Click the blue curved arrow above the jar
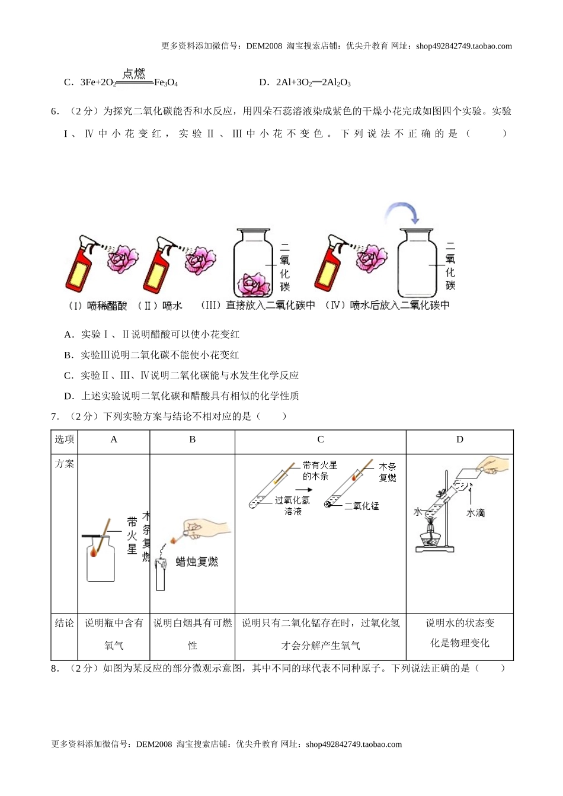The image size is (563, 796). tap(403, 212)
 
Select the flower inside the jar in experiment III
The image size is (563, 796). tap(255, 284)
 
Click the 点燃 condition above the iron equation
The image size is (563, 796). tap(134, 74)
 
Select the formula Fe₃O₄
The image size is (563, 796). tap(166, 83)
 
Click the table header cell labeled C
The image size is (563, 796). tap(321, 439)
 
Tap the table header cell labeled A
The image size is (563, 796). tap(114, 439)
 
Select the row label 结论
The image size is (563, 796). tap(65, 623)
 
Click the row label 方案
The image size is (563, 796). tap(65, 464)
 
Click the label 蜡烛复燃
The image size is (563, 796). tap(197, 561)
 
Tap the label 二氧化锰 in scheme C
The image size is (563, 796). tap(362, 506)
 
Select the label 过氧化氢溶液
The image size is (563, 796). tap(292, 505)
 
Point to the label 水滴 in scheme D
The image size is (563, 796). tap(476, 513)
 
